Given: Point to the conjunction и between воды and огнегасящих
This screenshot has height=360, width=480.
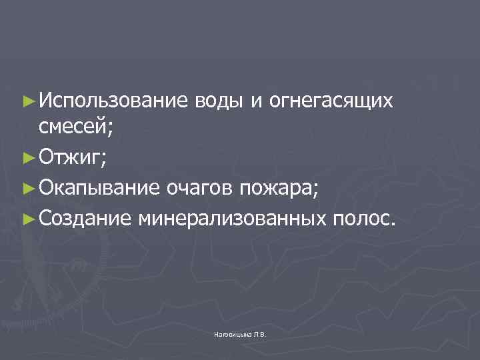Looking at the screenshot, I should pos(256,101).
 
